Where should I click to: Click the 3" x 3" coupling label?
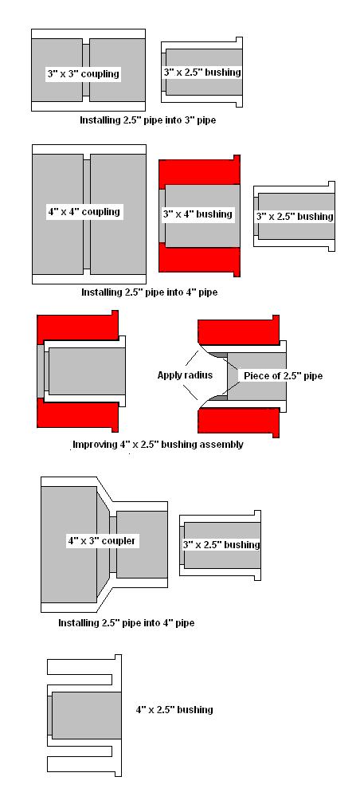83,73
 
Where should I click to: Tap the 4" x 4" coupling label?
83,212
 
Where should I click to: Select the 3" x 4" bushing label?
198,214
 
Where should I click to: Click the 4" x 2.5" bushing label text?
174,709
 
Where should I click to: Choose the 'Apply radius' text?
185,375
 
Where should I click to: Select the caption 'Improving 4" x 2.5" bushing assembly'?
158,444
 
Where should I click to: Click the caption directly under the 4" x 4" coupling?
150,292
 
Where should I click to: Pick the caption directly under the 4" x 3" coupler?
126,622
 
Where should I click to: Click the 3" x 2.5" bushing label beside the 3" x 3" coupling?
202,73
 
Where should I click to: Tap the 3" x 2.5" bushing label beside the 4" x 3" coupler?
221,544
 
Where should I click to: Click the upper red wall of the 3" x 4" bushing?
199,170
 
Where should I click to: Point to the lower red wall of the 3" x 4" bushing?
199,258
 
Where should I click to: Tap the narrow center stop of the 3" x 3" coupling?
86,70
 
